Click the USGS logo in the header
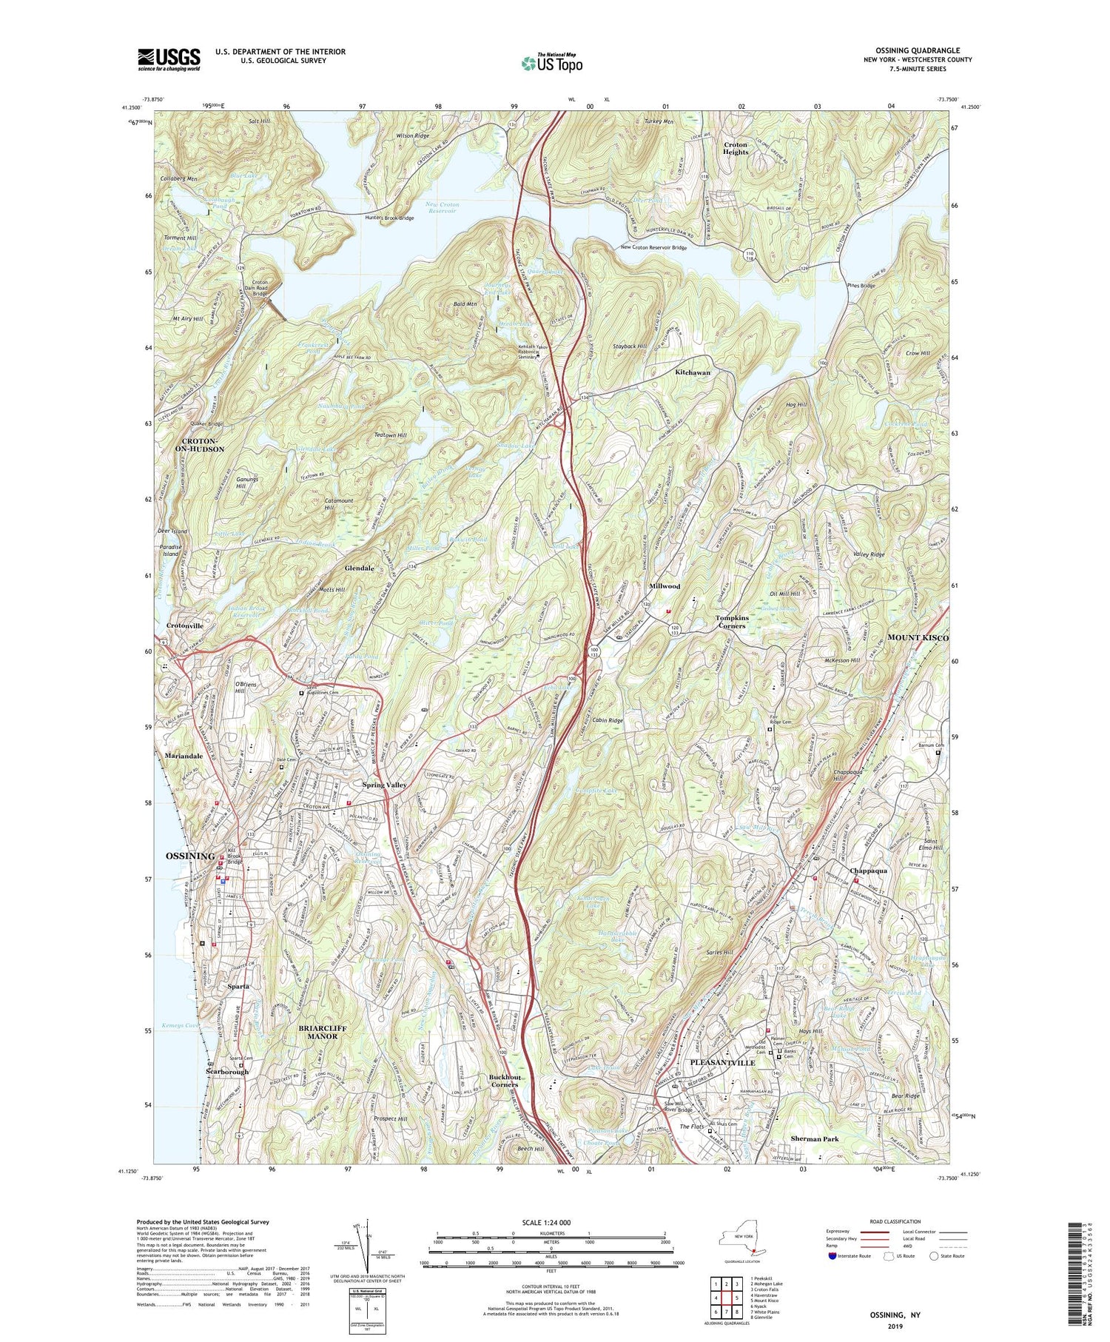(x=169, y=59)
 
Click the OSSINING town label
(x=190, y=856)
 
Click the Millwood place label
(x=665, y=586)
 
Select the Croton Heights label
(x=736, y=148)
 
